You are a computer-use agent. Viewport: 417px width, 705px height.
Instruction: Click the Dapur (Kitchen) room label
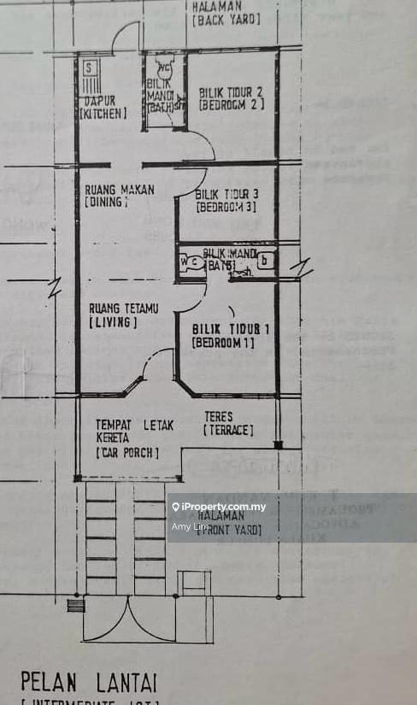103,106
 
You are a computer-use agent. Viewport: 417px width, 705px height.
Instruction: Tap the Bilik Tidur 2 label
231,97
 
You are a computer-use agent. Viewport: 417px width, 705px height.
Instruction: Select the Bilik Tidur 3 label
226,200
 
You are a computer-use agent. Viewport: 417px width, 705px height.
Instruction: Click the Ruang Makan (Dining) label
119,195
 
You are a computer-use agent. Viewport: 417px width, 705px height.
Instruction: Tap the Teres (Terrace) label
228,423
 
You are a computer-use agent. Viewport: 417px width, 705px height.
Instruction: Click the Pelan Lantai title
89,682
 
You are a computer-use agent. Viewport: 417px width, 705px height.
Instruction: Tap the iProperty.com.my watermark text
223,507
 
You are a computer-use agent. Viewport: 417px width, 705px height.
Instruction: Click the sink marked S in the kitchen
89,66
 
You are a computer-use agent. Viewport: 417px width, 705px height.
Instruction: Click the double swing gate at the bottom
128,619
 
